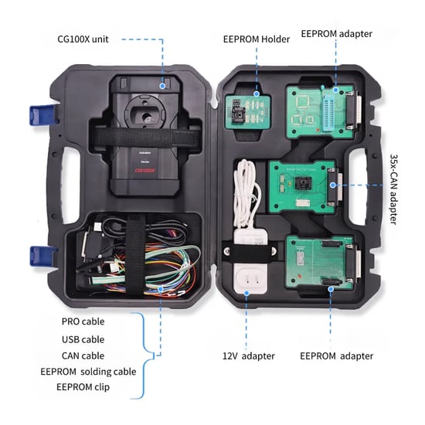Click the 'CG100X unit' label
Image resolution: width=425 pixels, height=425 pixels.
point(90,39)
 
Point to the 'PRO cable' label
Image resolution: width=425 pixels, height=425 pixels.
point(83,321)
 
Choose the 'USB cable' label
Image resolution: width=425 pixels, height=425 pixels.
point(83,338)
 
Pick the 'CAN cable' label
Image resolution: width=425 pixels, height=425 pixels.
point(83,355)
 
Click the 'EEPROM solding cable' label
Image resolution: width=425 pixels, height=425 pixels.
point(88,371)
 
